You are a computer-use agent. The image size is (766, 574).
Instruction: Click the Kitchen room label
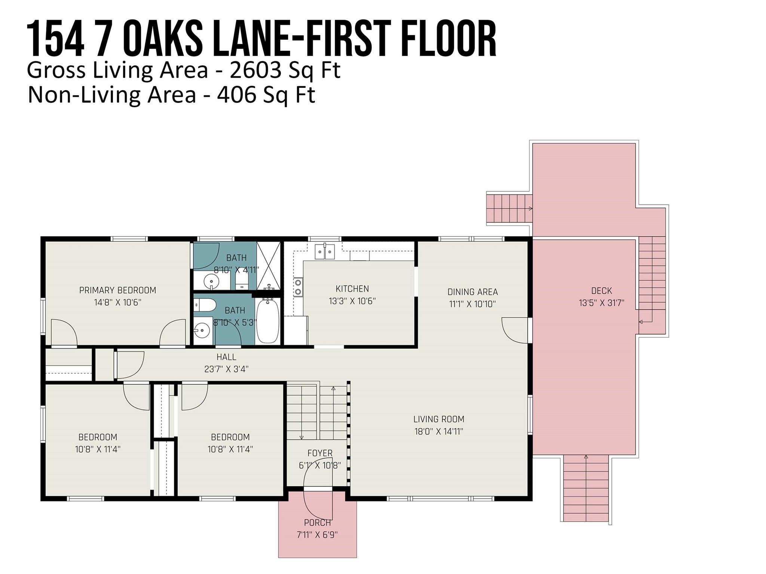tap(352, 289)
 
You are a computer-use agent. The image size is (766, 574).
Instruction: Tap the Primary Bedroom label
tap(117, 290)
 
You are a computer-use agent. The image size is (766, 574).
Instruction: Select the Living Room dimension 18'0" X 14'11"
tap(439, 432)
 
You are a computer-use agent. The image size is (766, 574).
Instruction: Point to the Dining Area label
tap(472, 292)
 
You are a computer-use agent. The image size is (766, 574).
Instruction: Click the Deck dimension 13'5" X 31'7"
tap(601, 303)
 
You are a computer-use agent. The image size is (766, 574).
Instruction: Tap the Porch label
tap(317, 523)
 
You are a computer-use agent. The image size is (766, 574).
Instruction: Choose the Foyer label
tap(320, 453)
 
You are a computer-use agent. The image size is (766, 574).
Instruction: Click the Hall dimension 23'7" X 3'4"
tap(226, 369)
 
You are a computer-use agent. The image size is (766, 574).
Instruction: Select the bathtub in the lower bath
tap(267, 321)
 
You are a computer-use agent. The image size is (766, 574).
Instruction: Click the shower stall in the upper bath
tap(268, 266)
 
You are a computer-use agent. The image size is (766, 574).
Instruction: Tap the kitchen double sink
tap(325, 251)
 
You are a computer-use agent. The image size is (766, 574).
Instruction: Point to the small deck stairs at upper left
tap(509, 208)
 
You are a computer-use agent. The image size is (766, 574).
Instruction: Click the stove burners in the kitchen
tap(298, 287)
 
